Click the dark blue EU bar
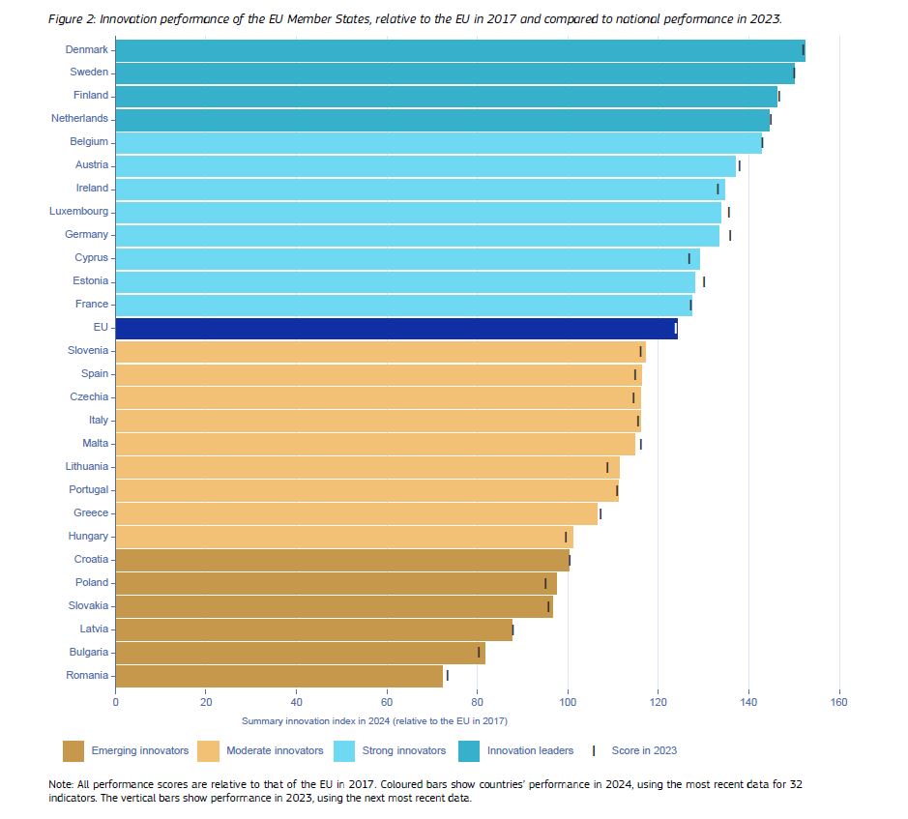(396, 329)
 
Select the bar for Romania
(279, 676)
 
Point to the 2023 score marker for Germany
(730, 235)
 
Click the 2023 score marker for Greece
(600, 513)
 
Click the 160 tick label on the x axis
(838, 702)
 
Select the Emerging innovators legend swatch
(73, 750)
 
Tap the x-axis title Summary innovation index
(374, 721)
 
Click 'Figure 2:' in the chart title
(70, 19)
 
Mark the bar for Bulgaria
(300, 653)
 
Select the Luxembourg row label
(79, 212)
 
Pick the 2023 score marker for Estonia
(704, 281)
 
